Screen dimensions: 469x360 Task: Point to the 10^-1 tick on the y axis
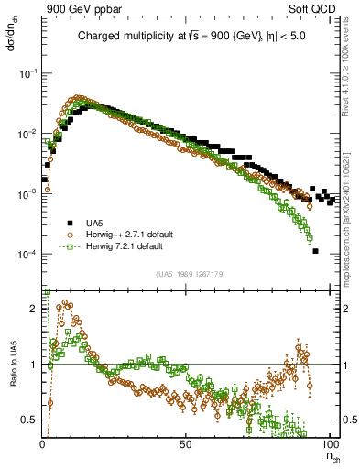point(29,73)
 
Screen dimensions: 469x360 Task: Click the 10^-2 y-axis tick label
point(29,134)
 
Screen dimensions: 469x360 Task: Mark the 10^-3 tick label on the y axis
point(29,194)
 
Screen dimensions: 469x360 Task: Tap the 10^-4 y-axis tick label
point(29,255)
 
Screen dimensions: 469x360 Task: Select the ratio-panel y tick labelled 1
point(35,365)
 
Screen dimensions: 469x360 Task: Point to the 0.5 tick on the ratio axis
point(31,420)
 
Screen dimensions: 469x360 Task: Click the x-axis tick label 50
point(186,443)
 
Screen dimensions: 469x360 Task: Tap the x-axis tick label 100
point(328,443)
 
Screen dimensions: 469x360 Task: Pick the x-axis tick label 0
point(43,443)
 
